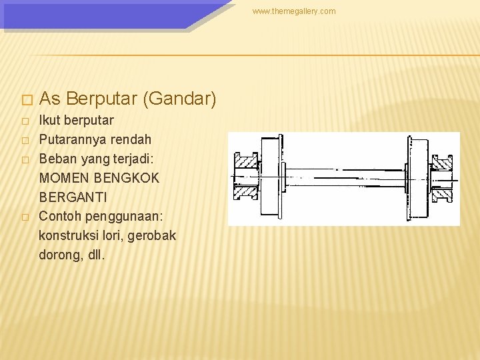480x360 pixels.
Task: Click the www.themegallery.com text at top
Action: (294, 11)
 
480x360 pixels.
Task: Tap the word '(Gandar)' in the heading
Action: (179, 99)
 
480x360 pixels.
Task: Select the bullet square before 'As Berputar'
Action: (26, 101)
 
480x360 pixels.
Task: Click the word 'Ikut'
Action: (51, 121)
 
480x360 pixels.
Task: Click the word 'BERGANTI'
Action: (73, 198)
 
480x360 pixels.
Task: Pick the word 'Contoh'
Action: (61, 217)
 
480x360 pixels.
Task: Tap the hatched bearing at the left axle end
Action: (245, 177)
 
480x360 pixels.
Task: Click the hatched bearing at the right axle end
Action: (442, 177)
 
